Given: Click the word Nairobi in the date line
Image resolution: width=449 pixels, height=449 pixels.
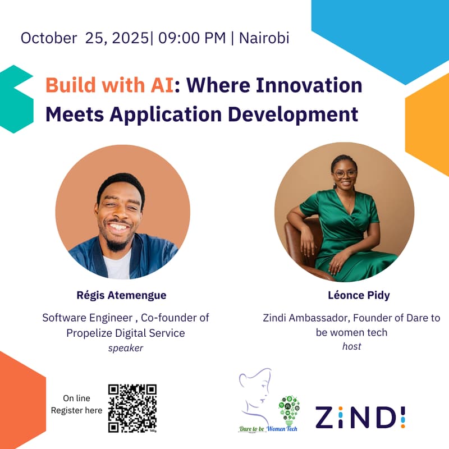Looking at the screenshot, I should pyautogui.click(x=264, y=38).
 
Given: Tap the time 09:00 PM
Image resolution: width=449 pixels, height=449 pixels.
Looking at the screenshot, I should pyautogui.click(x=192, y=38).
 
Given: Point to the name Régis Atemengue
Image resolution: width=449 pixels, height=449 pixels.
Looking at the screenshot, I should pyautogui.click(x=121, y=295).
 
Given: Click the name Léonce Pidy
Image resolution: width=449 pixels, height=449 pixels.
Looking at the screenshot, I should pyautogui.click(x=351, y=295).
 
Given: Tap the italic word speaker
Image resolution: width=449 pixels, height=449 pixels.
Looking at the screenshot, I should pyautogui.click(x=126, y=348).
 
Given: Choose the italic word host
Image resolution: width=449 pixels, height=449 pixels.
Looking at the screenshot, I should pyautogui.click(x=351, y=347).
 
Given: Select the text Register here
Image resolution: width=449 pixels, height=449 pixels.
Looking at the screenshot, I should pyautogui.click(x=77, y=410).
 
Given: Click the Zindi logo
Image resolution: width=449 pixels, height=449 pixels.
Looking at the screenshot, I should pyautogui.click(x=360, y=417).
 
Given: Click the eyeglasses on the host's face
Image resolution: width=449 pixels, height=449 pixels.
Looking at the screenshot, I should pyautogui.click(x=344, y=173).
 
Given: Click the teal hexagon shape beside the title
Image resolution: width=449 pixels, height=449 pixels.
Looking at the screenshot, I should pyautogui.click(x=17, y=99).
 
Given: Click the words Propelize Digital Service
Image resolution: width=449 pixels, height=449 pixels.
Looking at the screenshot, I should pyautogui.click(x=126, y=333).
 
